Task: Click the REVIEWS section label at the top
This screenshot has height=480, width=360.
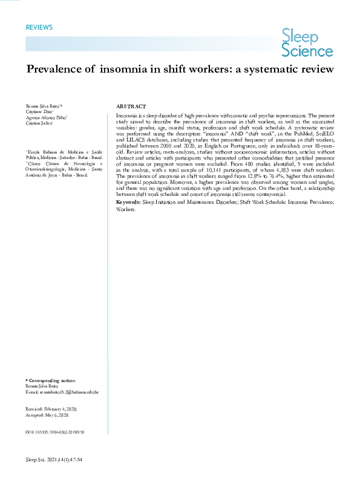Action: [39, 28]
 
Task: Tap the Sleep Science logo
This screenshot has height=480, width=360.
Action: [307, 44]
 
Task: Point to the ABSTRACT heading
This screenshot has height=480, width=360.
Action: [130, 106]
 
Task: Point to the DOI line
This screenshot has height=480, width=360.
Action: [54, 433]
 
